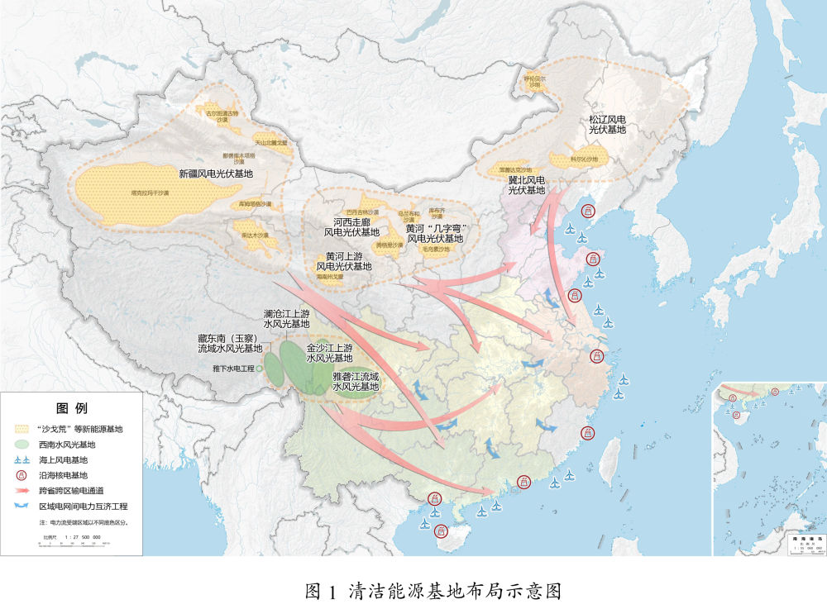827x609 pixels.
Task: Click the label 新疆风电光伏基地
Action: click(x=216, y=174)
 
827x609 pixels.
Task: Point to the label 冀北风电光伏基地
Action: click(x=526, y=185)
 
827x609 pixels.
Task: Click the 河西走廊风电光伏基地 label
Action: click(x=351, y=227)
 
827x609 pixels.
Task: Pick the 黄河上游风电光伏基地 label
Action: click(x=344, y=261)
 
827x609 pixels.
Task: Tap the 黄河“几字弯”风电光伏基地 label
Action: click(x=437, y=233)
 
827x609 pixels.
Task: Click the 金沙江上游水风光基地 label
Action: click(x=329, y=353)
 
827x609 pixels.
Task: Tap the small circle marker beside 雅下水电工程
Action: click(x=260, y=367)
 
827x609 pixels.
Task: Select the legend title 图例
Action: click(x=71, y=408)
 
